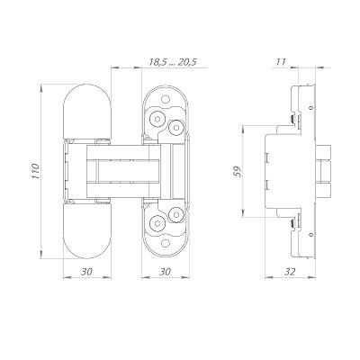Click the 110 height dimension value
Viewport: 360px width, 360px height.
tap(33, 172)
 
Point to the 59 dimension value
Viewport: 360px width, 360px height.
tap(237, 172)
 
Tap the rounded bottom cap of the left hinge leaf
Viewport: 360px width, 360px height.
tap(87, 238)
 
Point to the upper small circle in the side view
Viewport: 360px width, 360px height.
tap(310, 110)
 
